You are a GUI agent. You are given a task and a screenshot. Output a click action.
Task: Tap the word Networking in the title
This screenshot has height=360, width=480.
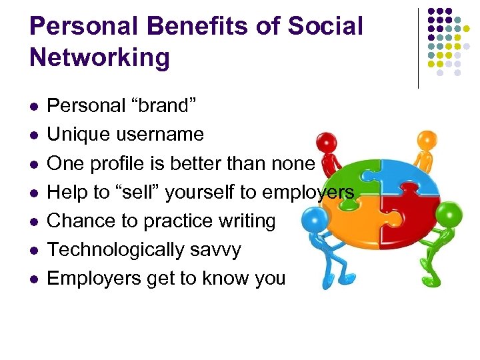pyautogui.click(x=100, y=58)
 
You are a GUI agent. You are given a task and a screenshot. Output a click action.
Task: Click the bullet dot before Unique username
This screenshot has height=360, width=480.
pyautogui.click(x=35, y=135)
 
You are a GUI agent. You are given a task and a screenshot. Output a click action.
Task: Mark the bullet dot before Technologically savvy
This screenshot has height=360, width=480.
pyautogui.click(x=35, y=251)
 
